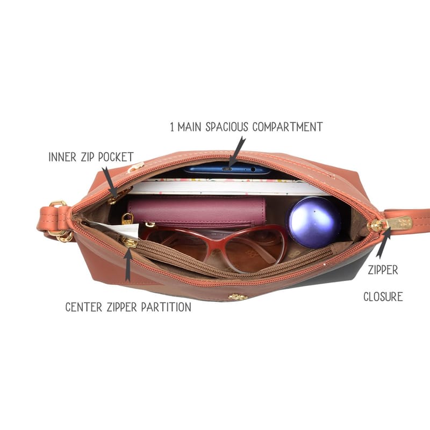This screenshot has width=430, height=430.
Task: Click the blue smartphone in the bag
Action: coord(227,168)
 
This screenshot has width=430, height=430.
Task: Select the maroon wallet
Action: coord(196,211)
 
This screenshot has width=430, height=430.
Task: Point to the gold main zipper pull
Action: coord(391,224)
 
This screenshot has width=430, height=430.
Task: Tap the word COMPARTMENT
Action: coord(288,127)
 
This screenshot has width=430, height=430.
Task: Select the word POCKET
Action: coord(116,157)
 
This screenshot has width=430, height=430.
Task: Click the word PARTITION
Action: coord(166,307)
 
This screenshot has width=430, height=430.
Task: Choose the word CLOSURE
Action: coord(383,297)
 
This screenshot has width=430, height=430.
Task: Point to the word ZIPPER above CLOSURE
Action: coord(383,270)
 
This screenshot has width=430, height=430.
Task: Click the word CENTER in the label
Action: coord(84,307)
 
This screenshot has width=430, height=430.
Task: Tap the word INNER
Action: coord(62,157)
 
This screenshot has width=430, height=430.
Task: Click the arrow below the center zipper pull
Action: coord(128,264)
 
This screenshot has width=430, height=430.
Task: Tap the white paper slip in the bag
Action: coord(120,228)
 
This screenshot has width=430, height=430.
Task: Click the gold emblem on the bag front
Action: coord(238,297)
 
